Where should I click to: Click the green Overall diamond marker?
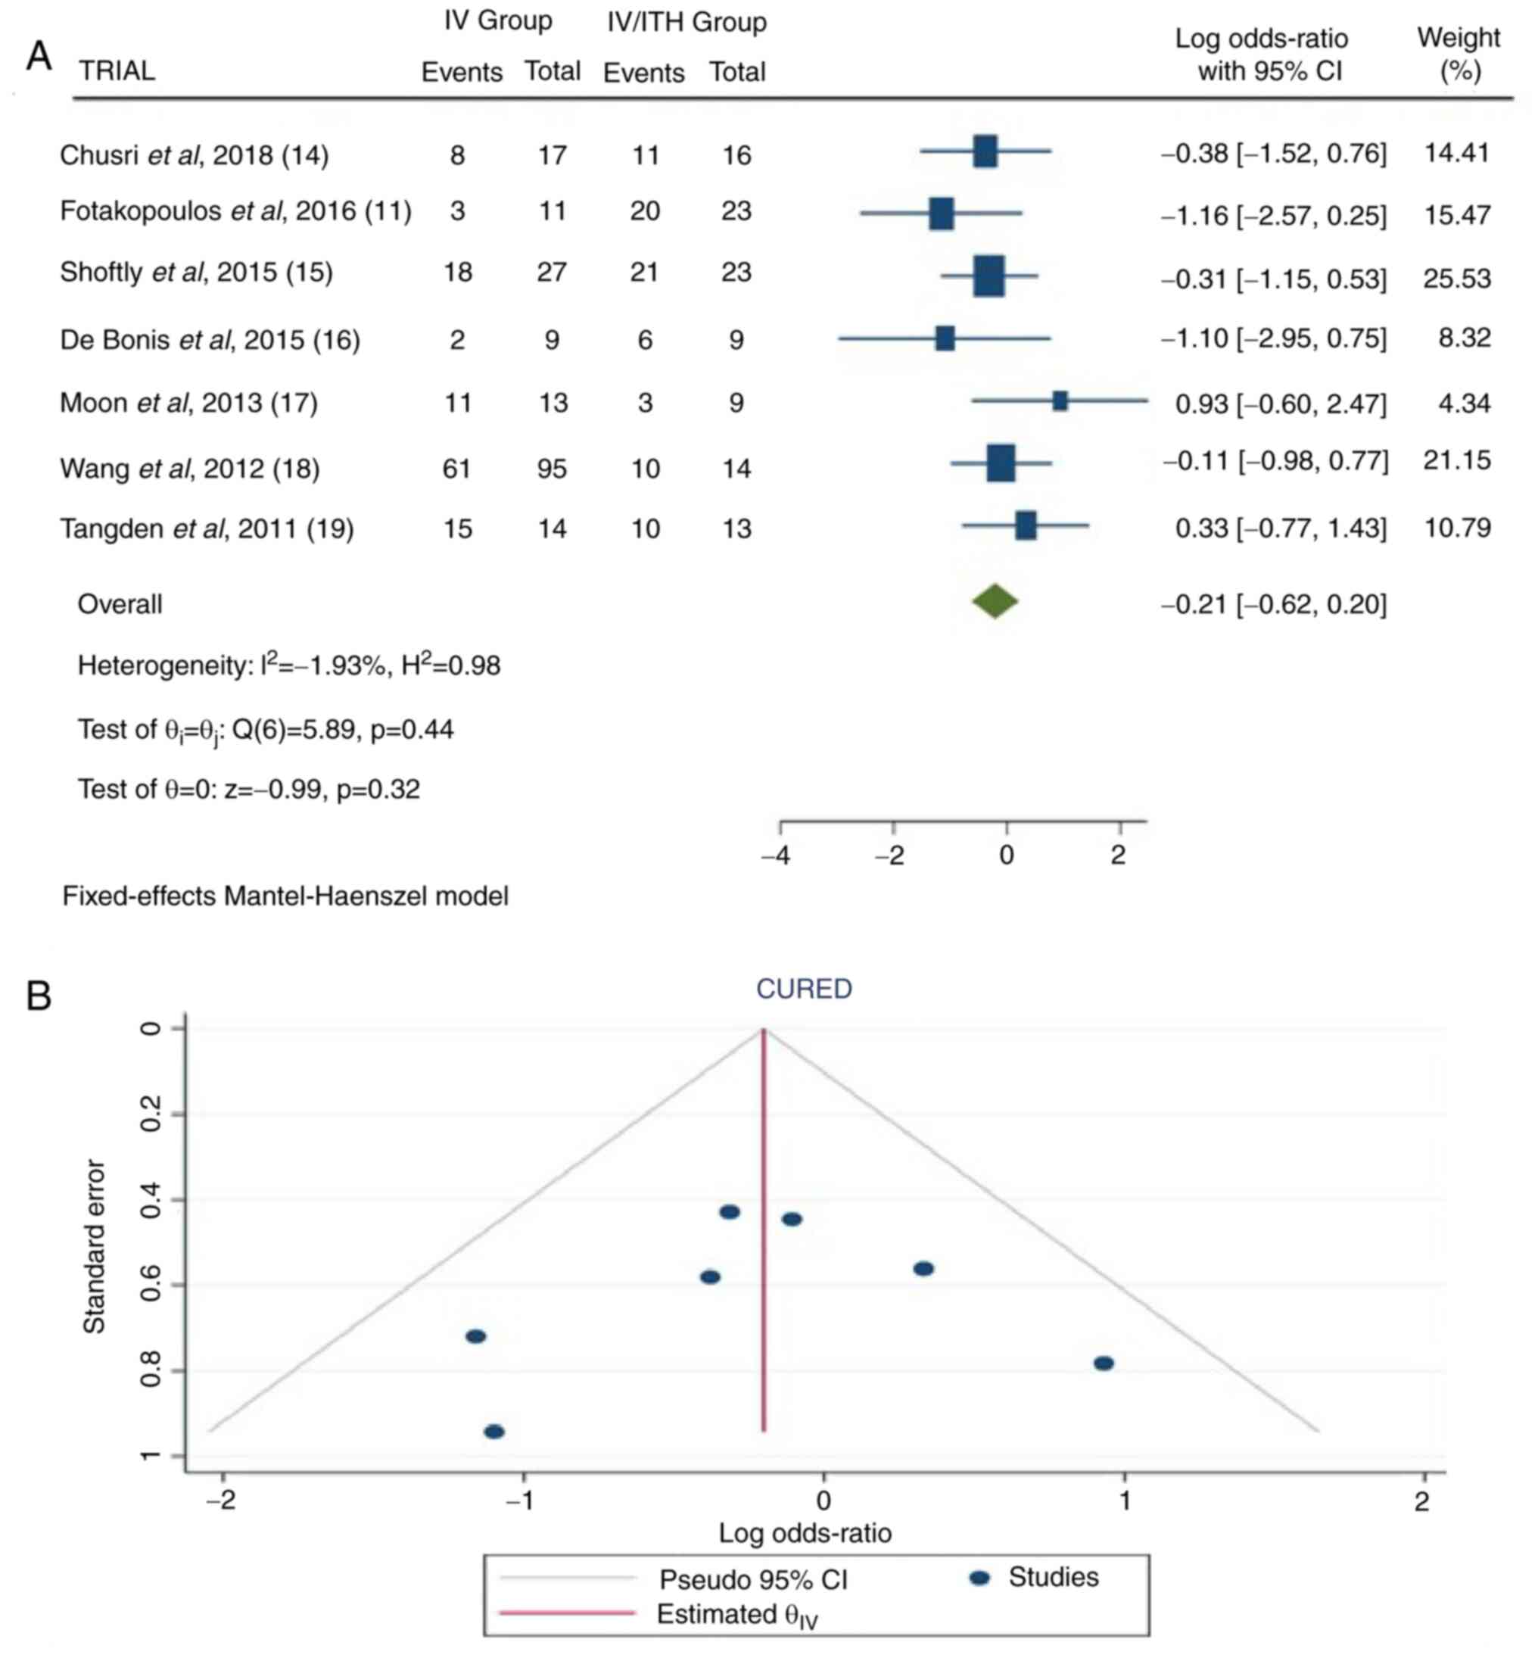tap(995, 602)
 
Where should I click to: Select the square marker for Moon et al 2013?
tap(1060, 401)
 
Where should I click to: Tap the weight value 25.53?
tap(1456, 278)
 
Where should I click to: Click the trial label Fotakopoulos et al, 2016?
tap(235, 211)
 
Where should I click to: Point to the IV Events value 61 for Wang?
tap(457, 469)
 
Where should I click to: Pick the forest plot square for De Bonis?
tap(945, 338)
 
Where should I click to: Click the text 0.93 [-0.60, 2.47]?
tap(1280, 404)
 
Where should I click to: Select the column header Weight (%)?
tap(1458, 54)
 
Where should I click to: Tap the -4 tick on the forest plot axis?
tap(776, 855)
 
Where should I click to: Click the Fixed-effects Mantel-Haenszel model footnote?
tap(285, 896)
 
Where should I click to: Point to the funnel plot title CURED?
tap(803, 989)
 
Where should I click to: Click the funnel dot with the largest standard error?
tap(493, 1432)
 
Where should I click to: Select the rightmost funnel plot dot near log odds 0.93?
tap(1104, 1363)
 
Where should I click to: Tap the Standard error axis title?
tap(95, 1246)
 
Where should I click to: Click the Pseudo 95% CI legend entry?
tap(753, 1579)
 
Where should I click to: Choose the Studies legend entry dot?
tap(980, 1578)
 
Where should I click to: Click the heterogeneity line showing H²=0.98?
tap(289, 666)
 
